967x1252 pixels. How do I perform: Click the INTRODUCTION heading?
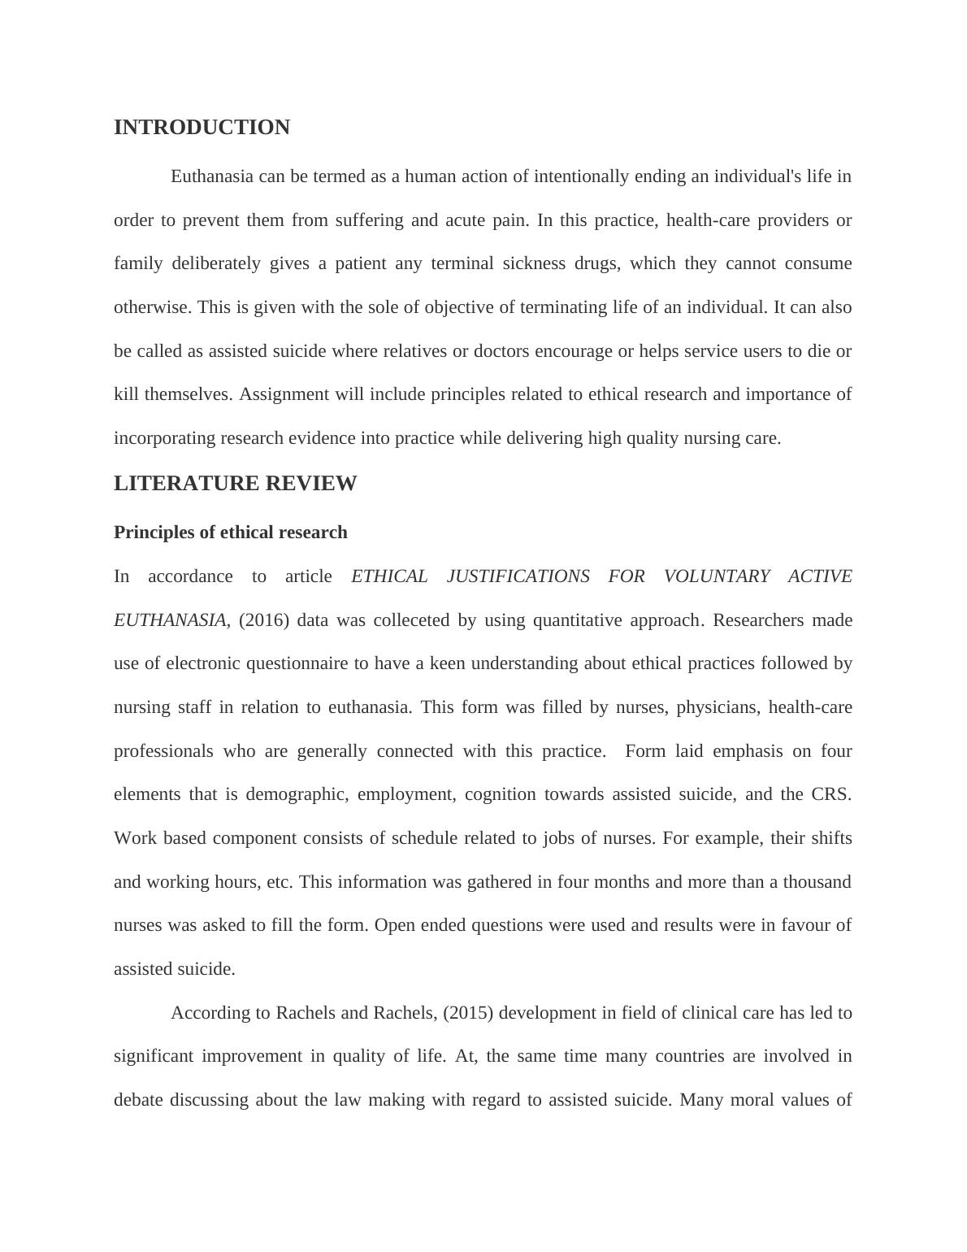pyautogui.click(x=202, y=128)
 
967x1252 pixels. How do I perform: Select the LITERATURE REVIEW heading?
pyautogui.click(x=235, y=484)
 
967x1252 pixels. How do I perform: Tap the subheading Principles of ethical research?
pyautogui.click(x=230, y=533)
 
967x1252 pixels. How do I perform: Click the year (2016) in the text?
pyautogui.click(x=264, y=620)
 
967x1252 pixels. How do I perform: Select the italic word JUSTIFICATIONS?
pyautogui.click(x=518, y=576)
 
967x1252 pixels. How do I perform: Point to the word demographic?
pyautogui.click(x=297, y=794)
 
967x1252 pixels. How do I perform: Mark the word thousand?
pyautogui.click(x=817, y=882)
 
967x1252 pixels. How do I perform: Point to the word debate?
pyautogui.click(x=138, y=1100)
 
